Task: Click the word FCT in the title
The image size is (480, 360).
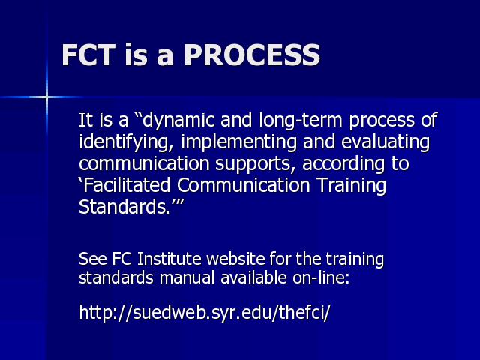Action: pyautogui.click(x=88, y=55)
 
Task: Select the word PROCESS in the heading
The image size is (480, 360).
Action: pyautogui.click(x=252, y=55)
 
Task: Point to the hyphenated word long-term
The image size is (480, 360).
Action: pyautogui.click(x=301, y=120)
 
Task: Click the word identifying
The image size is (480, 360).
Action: pyautogui.click(x=124, y=142)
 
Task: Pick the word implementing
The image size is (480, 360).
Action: pyautogui.click(x=238, y=142)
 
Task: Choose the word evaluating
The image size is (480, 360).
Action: pyautogui.click(x=385, y=142)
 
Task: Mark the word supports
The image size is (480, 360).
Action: pyautogui.click(x=253, y=164)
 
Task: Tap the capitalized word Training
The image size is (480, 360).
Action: pyautogui.click(x=351, y=185)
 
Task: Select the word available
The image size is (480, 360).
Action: pyautogui.click(x=253, y=278)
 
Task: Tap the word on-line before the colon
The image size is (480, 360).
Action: pyautogui.click(x=319, y=278)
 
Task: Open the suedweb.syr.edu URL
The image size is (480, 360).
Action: pyautogui.click(x=205, y=312)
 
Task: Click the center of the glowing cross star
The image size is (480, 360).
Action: pyautogui.click(x=46, y=97)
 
